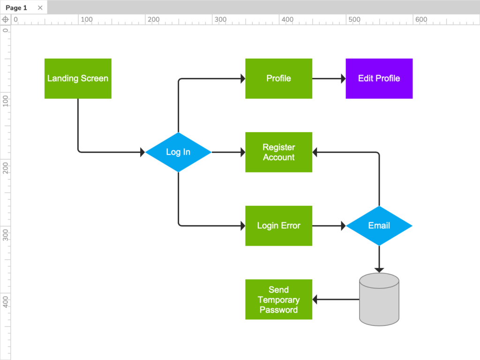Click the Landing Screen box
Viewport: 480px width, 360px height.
(78, 78)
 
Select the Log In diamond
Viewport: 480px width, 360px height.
(178, 152)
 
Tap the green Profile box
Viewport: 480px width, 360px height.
(278, 78)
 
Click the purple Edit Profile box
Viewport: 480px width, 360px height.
(379, 78)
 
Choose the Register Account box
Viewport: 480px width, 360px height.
(278, 152)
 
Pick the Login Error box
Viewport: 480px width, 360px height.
(278, 225)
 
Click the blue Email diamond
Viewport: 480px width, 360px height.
(379, 225)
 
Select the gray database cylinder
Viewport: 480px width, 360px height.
(379, 300)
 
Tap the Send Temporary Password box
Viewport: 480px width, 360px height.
(278, 300)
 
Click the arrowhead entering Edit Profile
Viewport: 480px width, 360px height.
(343, 79)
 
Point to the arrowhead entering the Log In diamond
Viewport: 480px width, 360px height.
(142, 152)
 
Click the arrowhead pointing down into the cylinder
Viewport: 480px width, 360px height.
(379, 270)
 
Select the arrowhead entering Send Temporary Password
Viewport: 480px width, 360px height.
(315, 300)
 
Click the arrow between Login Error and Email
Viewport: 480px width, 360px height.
(328, 225)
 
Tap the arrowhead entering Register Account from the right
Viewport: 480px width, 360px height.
(315, 152)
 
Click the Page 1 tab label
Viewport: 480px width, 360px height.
(16, 7)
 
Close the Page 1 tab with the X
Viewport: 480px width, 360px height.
(40, 7)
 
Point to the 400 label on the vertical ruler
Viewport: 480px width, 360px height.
(6, 301)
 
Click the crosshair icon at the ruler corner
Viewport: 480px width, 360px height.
(5, 19)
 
